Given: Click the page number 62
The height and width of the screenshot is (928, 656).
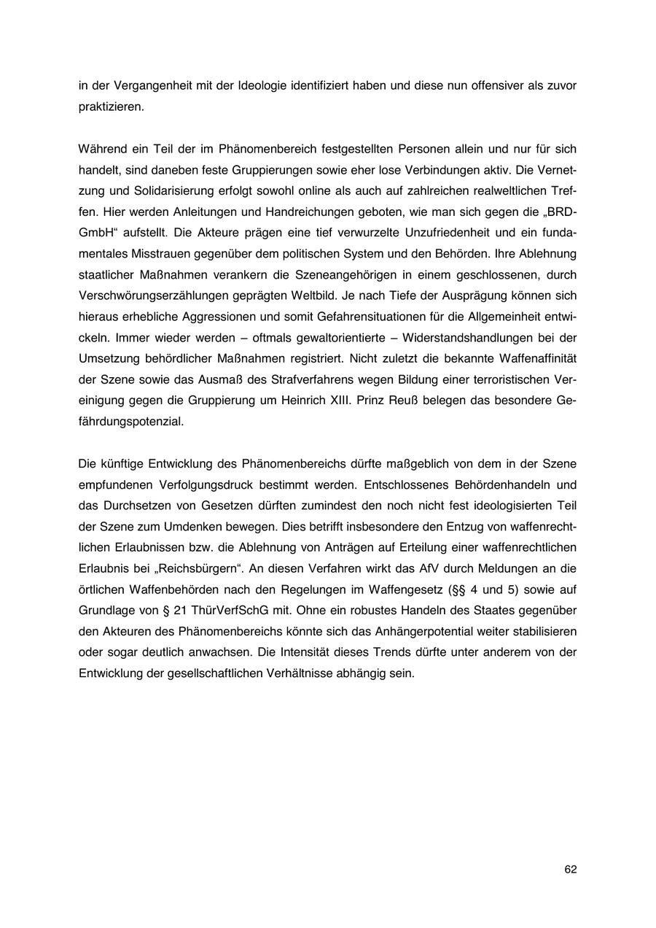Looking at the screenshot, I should coord(570,870).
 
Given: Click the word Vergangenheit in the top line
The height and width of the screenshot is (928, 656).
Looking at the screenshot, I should coord(147,85).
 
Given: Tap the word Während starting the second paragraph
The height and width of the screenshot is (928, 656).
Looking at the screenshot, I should coord(102,149).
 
